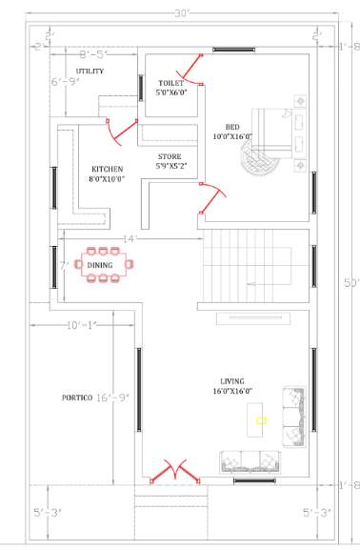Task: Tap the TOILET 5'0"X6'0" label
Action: click(172, 88)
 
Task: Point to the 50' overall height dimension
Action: click(350, 283)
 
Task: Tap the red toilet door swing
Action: click(197, 68)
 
